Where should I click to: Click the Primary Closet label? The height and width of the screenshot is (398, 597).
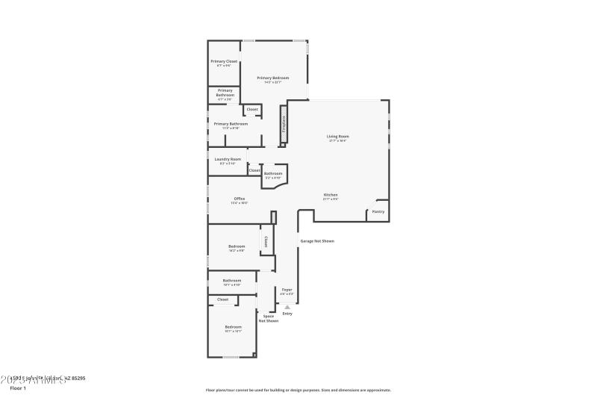[x=224, y=61]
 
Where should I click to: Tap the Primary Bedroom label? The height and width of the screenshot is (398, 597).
[x=272, y=78]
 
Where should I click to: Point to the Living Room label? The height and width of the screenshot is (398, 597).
[x=338, y=137]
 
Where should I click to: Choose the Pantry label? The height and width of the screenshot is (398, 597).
[x=378, y=211]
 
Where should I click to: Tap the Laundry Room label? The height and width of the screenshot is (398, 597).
[x=228, y=159]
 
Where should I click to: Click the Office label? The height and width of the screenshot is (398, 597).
[x=240, y=199]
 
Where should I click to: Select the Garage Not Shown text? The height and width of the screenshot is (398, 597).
[x=317, y=241]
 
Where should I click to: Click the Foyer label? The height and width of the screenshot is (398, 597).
[x=287, y=289]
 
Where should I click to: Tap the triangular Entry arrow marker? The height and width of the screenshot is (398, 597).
[x=287, y=307]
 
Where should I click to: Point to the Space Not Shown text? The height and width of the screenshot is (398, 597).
[x=269, y=318]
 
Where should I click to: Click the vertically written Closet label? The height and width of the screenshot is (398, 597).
[x=266, y=241]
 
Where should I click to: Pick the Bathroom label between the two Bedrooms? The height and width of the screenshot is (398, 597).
[x=232, y=281]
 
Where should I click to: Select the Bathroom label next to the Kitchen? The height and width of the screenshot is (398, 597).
[x=273, y=174]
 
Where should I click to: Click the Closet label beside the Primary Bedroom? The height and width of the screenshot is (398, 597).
[x=252, y=110]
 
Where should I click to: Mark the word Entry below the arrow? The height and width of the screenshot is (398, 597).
[x=287, y=314]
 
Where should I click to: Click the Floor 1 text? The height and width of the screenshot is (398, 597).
[x=18, y=388]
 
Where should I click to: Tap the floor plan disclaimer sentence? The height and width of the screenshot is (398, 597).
[x=298, y=390]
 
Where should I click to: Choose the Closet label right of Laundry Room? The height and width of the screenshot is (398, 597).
[x=254, y=170]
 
